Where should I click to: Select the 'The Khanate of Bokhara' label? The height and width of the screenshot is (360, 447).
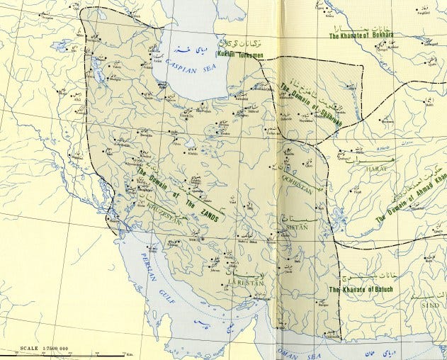(360, 34)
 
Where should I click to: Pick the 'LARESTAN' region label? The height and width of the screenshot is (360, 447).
(245, 282)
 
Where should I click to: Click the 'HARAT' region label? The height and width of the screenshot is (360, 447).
(373, 170)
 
